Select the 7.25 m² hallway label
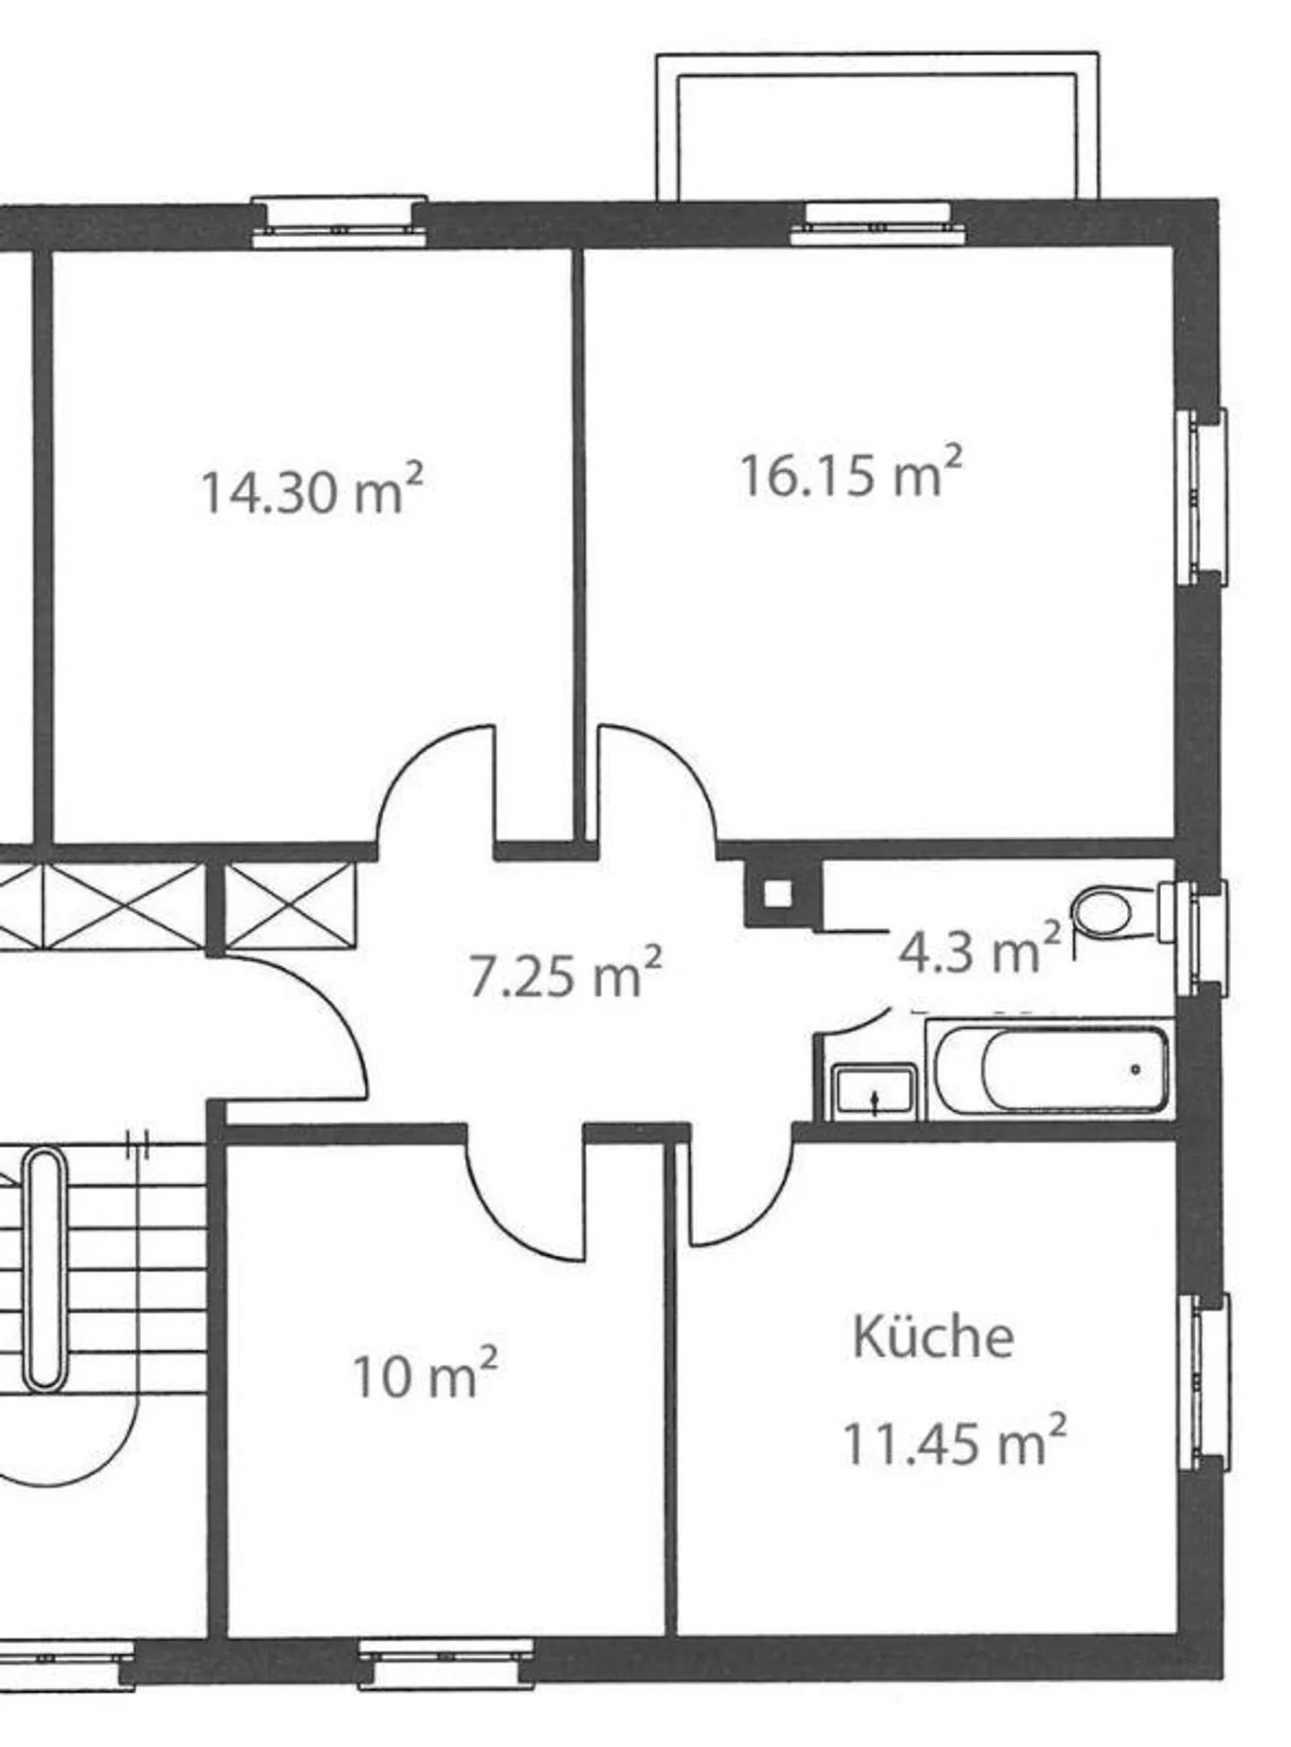pos(566,974)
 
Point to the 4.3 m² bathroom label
pos(978,950)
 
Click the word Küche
pos(932,1337)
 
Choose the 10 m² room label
pos(424,1376)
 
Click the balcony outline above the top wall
pos(876,125)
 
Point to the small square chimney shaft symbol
pos(777,894)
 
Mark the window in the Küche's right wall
pos(1204,1381)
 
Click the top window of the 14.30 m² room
pos(338,221)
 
